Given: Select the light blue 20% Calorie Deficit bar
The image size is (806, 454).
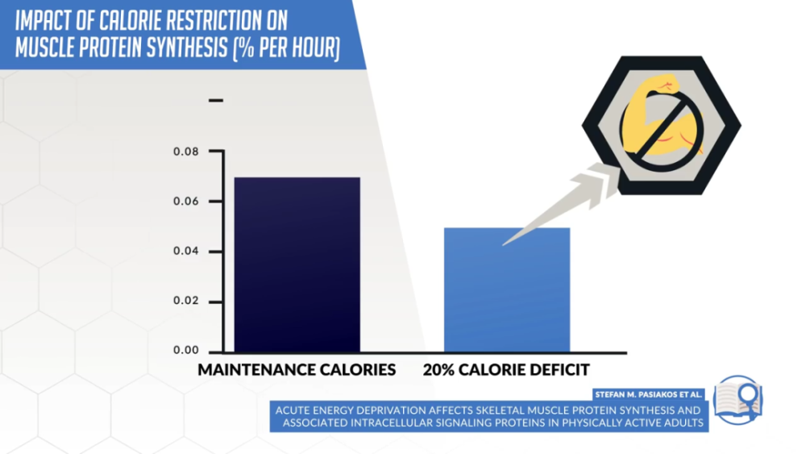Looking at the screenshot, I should pos(506,289).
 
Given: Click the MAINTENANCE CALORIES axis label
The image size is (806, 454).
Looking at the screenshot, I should pos(297,370).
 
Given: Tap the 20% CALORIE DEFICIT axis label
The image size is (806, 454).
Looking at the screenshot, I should pos(506,370).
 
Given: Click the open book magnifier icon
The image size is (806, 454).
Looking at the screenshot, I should pos(737,400).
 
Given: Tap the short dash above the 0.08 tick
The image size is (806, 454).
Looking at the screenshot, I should pos(215,101).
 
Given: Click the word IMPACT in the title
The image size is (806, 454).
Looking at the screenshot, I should pos(44,19).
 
